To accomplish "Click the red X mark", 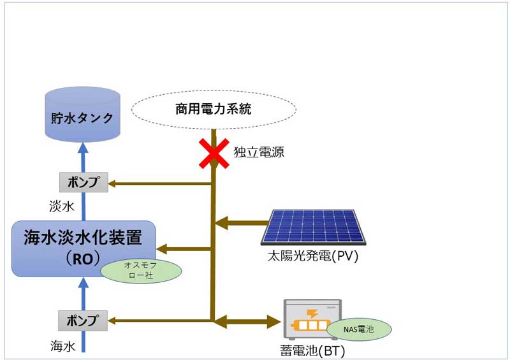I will click(x=214, y=153).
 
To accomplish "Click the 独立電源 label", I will click(x=259, y=152).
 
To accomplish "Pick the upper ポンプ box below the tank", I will click(x=83, y=183).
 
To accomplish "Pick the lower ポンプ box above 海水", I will click(x=83, y=319).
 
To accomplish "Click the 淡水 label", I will click(x=62, y=207).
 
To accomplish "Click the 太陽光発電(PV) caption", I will click(x=314, y=257).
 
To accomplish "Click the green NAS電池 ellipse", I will click(x=359, y=329).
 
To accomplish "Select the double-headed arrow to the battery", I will click(x=246, y=320).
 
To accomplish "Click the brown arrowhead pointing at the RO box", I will click(x=163, y=249).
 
